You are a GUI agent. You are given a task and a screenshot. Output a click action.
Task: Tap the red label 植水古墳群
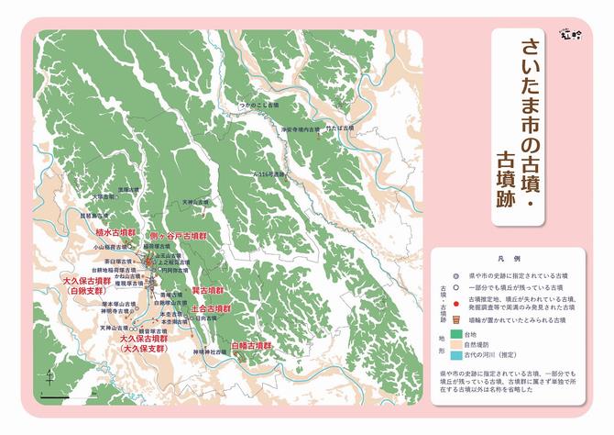[116, 233]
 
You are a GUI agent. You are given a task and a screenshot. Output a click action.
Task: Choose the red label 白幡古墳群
[252, 345]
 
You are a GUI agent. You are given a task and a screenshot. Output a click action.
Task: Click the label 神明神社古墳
[208, 352]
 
